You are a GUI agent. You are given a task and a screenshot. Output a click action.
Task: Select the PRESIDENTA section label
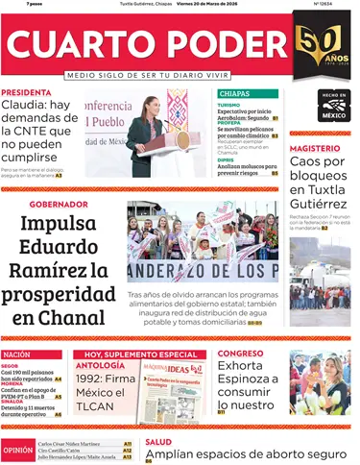[x=26, y=92]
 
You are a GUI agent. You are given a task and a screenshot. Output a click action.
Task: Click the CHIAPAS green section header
[x=234, y=93]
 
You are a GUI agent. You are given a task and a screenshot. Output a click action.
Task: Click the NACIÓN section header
[x=21, y=355]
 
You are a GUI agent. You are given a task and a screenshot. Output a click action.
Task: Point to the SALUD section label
[x=159, y=442]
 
